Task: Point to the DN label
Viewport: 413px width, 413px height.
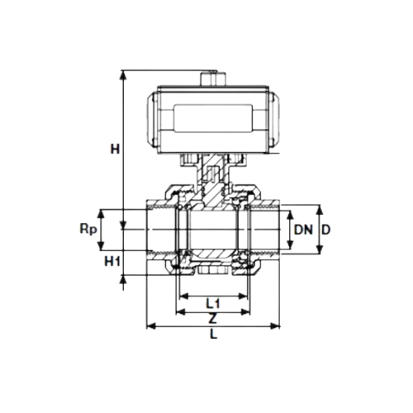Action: pos(303,229)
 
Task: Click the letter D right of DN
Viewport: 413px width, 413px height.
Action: pos(326,229)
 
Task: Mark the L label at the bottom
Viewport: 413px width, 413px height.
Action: pos(213,335)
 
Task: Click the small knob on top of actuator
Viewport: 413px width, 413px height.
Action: pos(213,79)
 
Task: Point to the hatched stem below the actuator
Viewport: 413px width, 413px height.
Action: pos(213,178)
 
